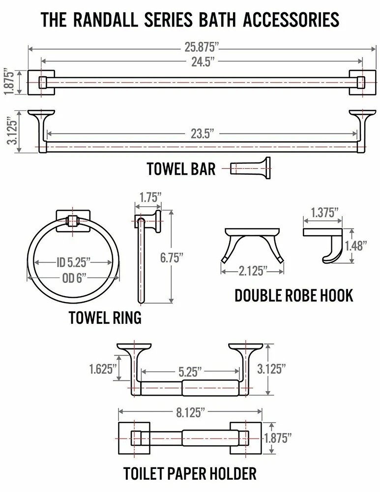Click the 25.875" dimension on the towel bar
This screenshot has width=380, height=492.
coord(201,47)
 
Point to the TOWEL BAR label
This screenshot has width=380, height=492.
coord(181,168)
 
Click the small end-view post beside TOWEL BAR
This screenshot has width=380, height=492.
coord(250,168)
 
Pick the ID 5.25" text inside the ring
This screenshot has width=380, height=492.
coord(73,262)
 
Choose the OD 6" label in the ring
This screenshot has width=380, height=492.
coord(74,277)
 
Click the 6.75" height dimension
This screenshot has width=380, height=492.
coord(172,258)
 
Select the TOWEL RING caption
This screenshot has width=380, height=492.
coord(105,317)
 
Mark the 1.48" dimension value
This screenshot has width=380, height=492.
coord(356,246)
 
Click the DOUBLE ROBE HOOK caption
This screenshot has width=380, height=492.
coord(294,296)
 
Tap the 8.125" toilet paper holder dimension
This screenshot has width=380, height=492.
coord(190,412)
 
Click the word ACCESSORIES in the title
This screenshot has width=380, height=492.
coord(291,20)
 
